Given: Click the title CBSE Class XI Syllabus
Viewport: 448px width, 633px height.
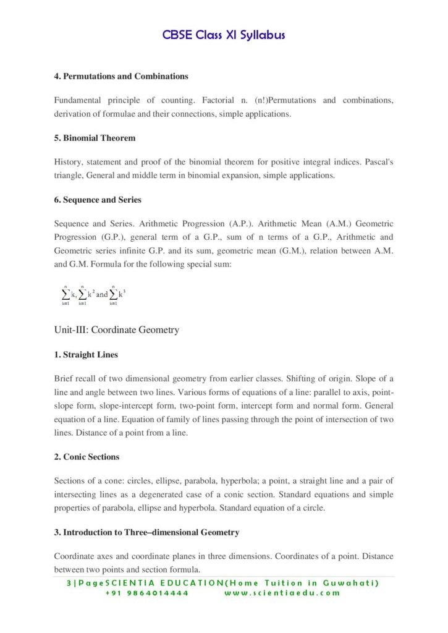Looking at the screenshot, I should [224, 35].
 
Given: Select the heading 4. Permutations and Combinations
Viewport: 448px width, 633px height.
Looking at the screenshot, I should [121, 77].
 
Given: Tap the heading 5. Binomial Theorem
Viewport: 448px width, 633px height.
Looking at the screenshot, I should [95, 138].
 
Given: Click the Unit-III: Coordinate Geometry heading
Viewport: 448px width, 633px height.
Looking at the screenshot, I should [117, 329].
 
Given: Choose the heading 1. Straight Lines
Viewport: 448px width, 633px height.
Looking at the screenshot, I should [86, 355].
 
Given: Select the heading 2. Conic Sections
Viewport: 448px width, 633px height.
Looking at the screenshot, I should [87, 457].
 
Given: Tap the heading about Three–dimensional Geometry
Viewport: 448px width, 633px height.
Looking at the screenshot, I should [146, 532].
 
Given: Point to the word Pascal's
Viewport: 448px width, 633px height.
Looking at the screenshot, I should [378, 162].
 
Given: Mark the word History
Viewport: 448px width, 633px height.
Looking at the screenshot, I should [68, 162].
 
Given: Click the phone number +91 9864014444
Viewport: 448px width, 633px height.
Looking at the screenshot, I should [147, 593].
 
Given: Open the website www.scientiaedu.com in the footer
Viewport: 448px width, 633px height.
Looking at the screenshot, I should [282, 593].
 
